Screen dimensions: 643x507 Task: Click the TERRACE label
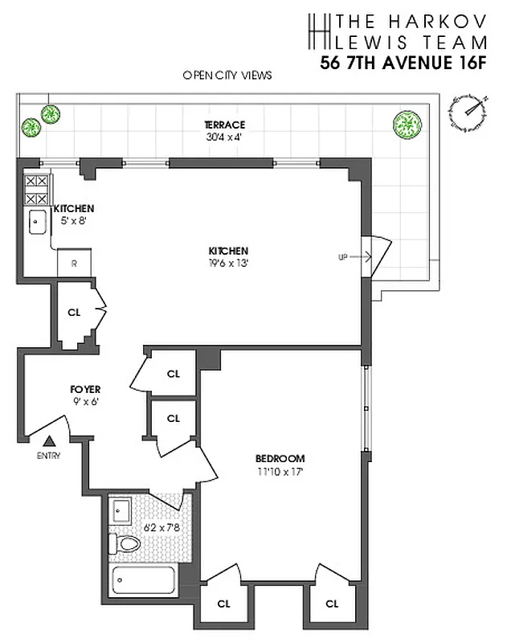(224, 125)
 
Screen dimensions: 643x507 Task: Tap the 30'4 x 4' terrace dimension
(224, 136)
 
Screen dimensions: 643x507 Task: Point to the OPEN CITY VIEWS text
(227, 76)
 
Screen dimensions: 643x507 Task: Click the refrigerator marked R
(74, 263)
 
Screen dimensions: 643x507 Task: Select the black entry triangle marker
(49, 441)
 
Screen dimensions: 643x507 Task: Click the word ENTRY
(48, 456)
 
